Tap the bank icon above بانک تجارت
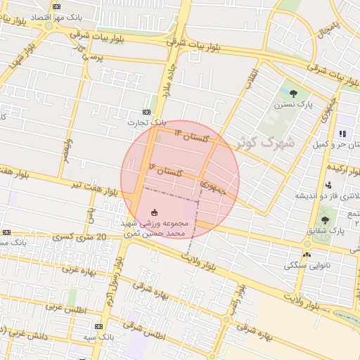[146, 112]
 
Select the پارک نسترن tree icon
[293, 94]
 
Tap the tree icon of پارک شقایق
[324, 220]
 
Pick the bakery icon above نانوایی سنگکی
[307, 255]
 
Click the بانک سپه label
[98, 337]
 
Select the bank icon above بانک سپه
[98, 327]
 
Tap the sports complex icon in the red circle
[155, 212]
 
